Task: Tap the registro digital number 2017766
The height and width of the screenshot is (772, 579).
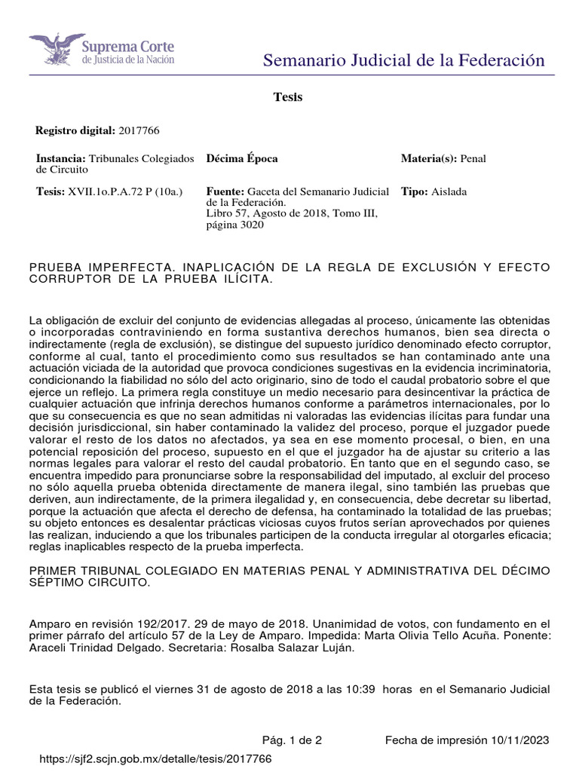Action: pos(139,130)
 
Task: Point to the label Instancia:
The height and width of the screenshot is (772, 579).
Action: pos(61,159)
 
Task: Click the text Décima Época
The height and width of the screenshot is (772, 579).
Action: pos(241,159)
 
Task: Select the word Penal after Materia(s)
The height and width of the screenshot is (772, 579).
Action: pos(473,159)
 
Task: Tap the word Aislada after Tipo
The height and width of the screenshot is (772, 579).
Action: pos(449,191)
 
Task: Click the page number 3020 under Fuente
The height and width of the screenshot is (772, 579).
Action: pos(250,225)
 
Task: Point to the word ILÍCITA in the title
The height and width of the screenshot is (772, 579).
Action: pos(243,279)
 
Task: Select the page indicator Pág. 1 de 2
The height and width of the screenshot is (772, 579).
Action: pos(291,740)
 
